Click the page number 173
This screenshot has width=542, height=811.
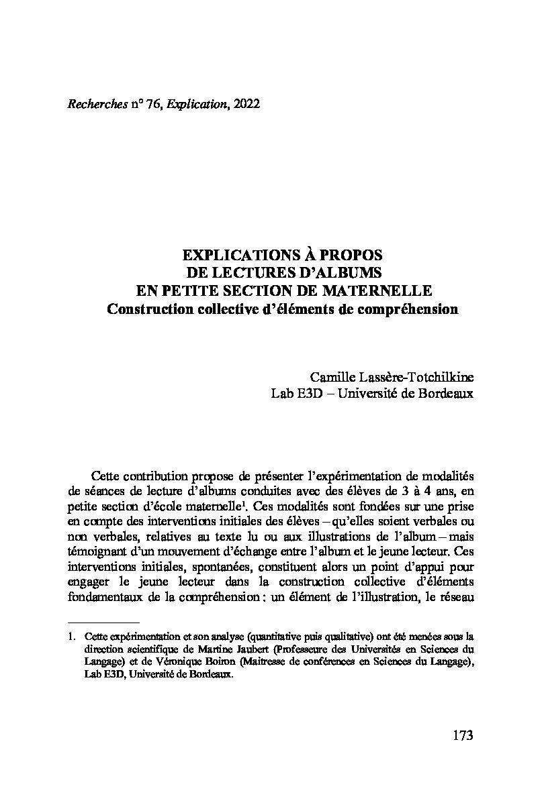[x=463, y=735]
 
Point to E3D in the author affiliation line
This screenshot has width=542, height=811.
[x=305, y=394]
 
